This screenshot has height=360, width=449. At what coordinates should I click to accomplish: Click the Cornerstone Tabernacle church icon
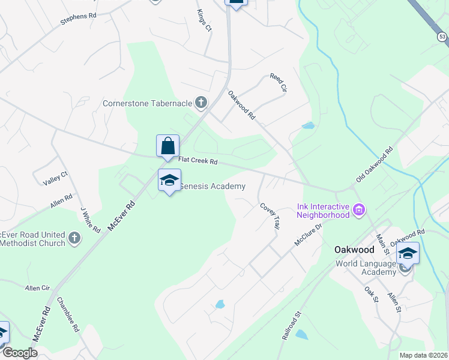coord(201,103)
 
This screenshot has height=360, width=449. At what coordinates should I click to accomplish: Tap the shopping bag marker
coord(167,146)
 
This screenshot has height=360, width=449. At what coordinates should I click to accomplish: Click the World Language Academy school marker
coord(407,253)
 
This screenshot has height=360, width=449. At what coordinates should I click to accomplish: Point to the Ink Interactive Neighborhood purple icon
coord(359,210)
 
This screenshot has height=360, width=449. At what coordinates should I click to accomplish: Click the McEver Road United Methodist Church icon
coord(74,238)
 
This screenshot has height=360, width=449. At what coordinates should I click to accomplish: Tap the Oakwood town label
coord(354,249)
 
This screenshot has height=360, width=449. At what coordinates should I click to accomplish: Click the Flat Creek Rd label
coord(198,161)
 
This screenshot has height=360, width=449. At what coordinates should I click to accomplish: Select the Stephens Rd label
coord(78,19)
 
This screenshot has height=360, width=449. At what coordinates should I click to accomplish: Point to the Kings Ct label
coord(204,20)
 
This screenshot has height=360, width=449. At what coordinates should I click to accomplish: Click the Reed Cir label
coord(279,83)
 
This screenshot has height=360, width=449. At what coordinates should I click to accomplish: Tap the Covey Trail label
coord(270,214)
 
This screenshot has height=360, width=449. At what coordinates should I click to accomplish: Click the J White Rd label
coord(91,221)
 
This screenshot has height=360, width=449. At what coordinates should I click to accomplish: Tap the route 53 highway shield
coord(442,37)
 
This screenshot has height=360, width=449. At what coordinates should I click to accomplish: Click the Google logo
coord(20,353)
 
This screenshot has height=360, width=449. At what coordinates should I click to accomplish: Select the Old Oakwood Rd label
coord(373,163)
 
